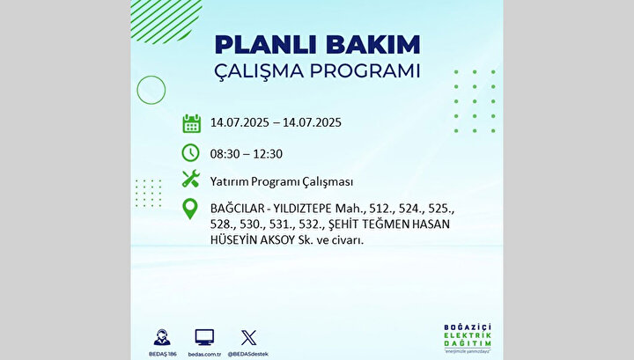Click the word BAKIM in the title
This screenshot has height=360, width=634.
tap(372, 44)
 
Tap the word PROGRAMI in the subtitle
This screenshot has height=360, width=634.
tap(365, 71)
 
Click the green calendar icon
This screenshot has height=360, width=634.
tap(191, 123)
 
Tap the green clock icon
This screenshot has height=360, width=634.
tap(190, 153)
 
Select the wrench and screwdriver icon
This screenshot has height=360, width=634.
tap(190, 179)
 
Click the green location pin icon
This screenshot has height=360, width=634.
tap(190, 209)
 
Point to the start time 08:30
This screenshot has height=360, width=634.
tap(225, 154)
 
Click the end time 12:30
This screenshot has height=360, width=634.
tap(268, 154)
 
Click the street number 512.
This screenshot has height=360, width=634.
tap(381, 209)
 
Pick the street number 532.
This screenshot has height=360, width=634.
tap(313, 224)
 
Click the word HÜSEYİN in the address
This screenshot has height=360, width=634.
tap(233, 239)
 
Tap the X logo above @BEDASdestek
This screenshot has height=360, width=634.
tap(248, 338)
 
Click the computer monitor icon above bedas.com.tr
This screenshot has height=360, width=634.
tap(204, 337)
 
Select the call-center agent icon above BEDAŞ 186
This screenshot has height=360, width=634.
tap(162, 337)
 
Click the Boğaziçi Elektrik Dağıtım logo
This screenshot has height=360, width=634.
tap(468, 338)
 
